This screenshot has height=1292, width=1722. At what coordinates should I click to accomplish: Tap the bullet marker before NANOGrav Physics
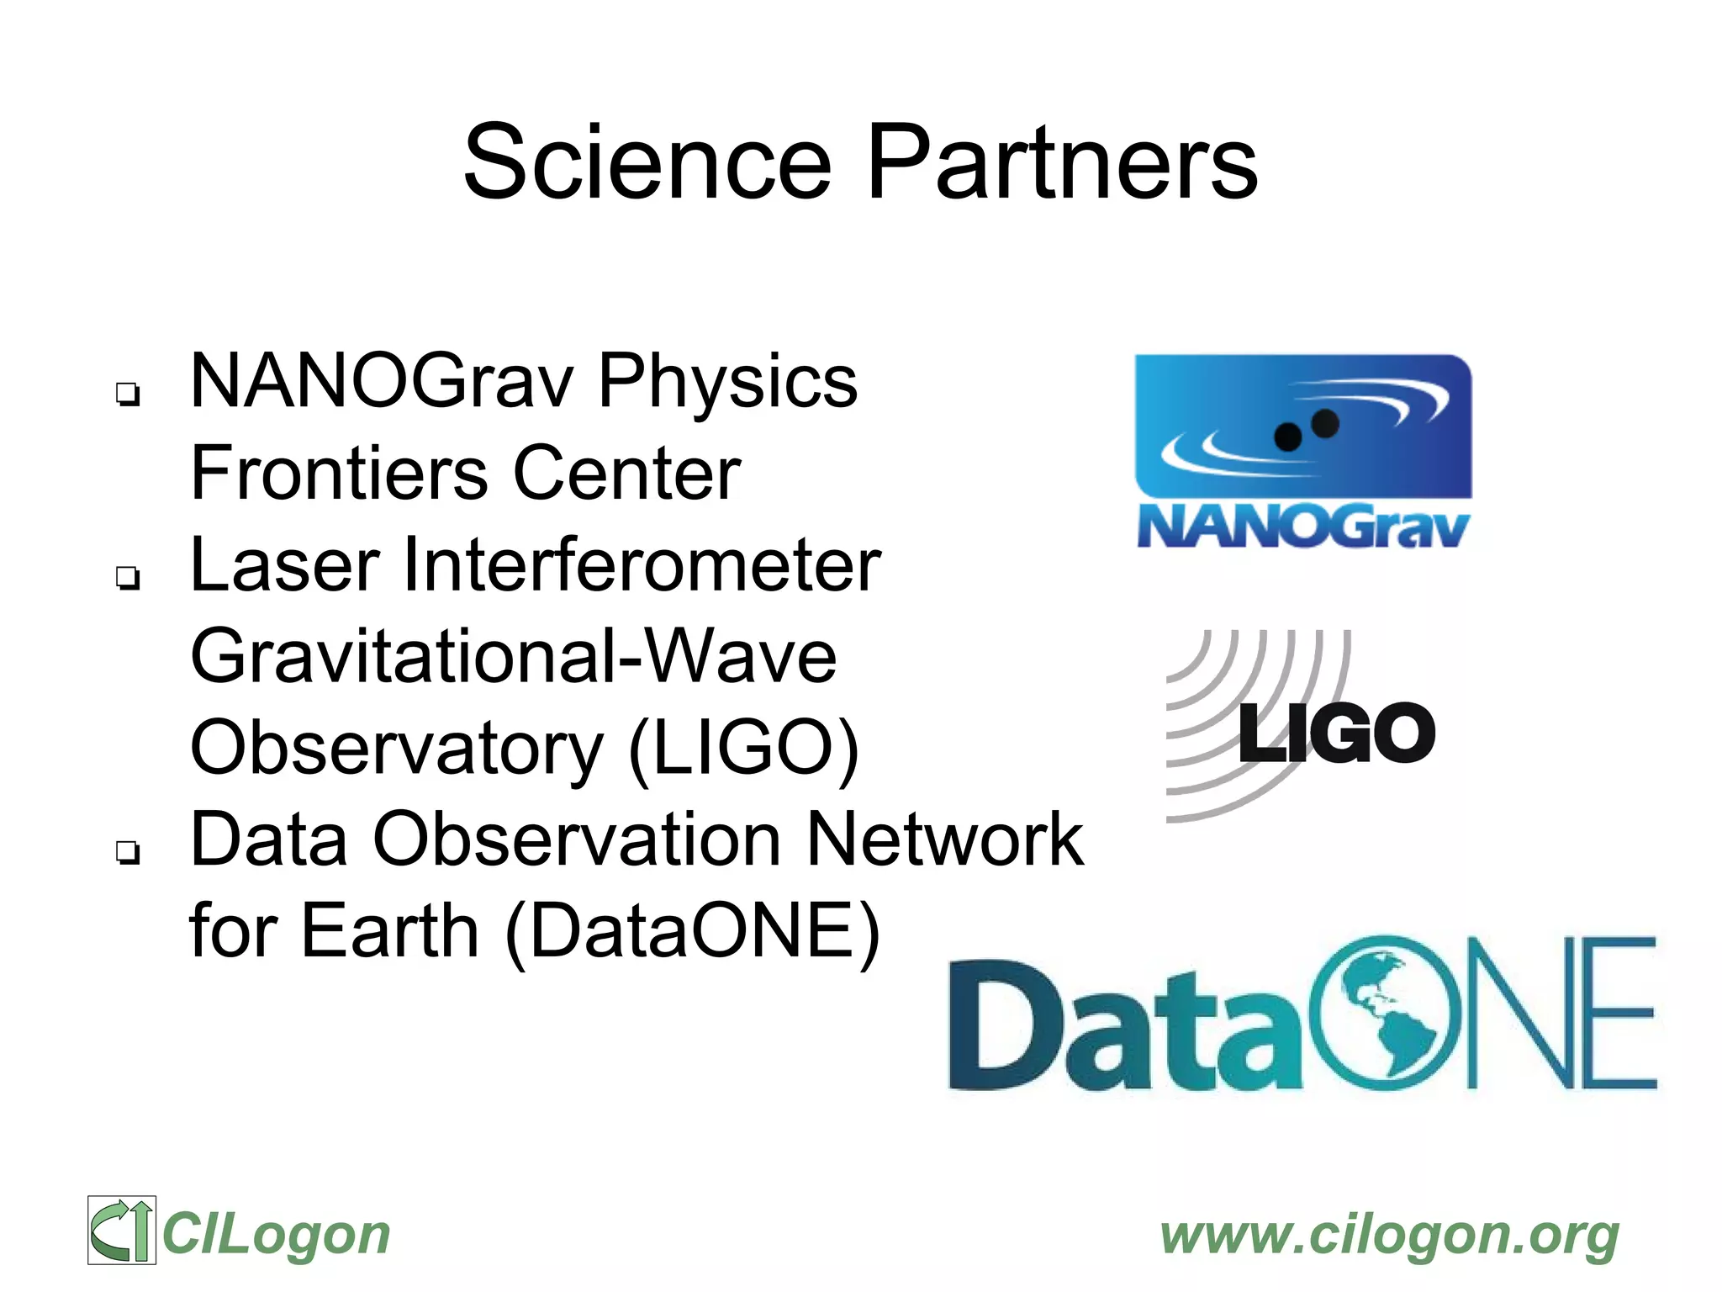click(x=127, y=393)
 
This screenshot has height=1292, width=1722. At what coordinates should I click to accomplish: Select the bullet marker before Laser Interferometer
click(x=127, y=577)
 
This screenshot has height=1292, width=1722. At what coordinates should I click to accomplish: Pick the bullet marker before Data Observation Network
click(x=127, y=852)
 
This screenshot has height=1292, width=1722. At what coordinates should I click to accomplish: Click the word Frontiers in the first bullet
click(x=338, y=473)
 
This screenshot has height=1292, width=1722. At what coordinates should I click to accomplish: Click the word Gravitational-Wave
click(x=513, y=657)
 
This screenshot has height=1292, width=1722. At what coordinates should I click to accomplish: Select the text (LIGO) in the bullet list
click(x=743, y=749)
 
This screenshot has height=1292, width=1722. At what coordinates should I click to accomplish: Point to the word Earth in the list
click(x=390, y=932)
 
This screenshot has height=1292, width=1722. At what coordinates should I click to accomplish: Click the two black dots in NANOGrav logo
click(x=1306, y=430)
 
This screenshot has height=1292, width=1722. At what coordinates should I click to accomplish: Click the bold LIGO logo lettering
click(x=1337, y=733)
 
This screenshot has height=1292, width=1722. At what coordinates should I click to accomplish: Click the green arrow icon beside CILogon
click(x=122, y=1230)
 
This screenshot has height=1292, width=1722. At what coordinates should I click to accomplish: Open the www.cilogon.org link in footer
click(x=1389, y=1235)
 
